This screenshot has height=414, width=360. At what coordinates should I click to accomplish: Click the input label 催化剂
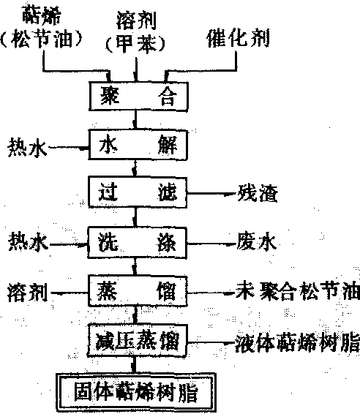pyautogui.click(x=239, y=38)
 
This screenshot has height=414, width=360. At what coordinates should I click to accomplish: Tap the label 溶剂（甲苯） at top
pyautogui.click(x=135, y=32)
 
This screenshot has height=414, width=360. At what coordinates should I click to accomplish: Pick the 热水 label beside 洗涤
pyautogui.click(x=29, y=241)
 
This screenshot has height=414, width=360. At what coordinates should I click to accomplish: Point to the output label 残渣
pyautogui.click(x=258, y=193)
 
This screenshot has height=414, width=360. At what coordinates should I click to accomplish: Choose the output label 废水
pyautogui.click(x=256, y=241)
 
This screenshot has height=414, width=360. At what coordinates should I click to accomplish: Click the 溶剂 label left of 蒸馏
pyautogui.click(x=28, y=293)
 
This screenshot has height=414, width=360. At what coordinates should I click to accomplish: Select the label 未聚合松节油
pyautogui.click(x=297, y=291)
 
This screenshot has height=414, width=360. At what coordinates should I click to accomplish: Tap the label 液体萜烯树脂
pyautogui.click(x=297, y=342)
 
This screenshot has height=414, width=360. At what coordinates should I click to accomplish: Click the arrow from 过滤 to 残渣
pyautogui.click(x=212, y=194)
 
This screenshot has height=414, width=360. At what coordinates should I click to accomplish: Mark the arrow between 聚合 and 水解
pyautogui.click(x=135, y=120)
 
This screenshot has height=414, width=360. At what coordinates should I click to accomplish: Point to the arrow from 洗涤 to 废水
pyautogui.click(x=211, y=244)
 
